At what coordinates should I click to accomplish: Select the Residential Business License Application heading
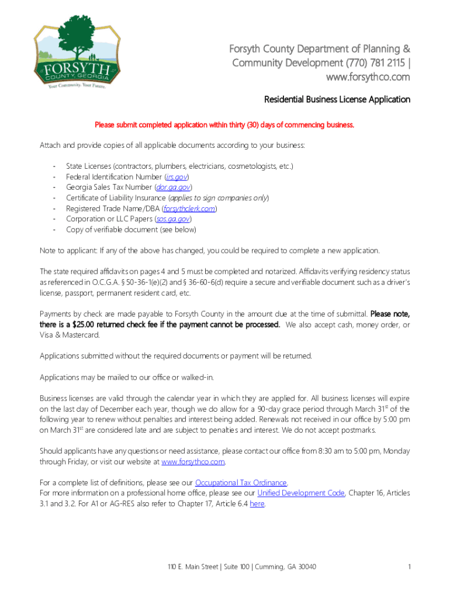tap(337, 99)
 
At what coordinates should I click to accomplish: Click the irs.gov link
tap(176, 177)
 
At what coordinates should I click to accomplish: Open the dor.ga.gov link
tap(172, 187)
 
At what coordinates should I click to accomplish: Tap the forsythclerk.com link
tap(190, 208)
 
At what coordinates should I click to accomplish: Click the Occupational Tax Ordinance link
tap(241, 482)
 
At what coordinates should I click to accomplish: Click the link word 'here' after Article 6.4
tap(257, 504)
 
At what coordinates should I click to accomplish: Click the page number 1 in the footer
tap(410, 567)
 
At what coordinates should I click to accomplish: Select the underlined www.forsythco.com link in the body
tap(193, 461)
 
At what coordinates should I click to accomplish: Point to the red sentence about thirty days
tap(224, 124)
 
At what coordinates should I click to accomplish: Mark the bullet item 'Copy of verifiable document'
tap(131, 230)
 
